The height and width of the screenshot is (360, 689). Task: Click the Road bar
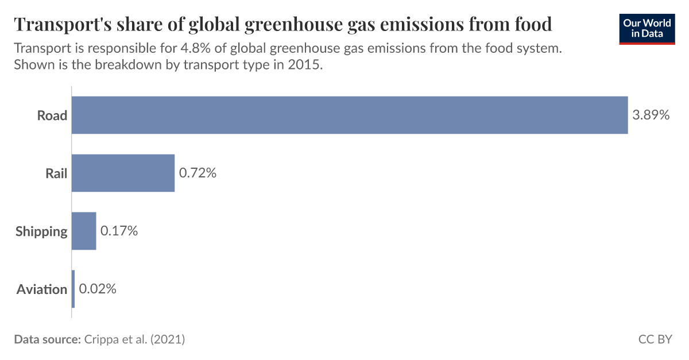(x=349, y=115)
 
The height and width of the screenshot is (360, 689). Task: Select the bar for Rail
(x=123, y=173)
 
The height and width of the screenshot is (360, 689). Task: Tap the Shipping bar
(x=84, y=231)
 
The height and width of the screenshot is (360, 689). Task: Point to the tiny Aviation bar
(x=73, y=289)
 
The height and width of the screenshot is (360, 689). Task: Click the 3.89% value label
(x=651, y=115)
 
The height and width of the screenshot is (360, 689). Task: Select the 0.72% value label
(x=198, y=173)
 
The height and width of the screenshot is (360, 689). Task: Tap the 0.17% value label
(x=119, y=231)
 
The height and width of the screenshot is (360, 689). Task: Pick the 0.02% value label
(x=98, y=289)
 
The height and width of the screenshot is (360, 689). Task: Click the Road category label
(x=52, y=115)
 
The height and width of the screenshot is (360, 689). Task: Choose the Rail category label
(x=56, y=173)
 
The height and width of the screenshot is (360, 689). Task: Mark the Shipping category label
(x=41, y=231)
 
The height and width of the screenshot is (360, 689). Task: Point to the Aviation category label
(x=42, y=289)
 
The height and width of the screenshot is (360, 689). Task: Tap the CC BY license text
(x=655, y=339)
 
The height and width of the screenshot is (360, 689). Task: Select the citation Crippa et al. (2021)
(x=134, y=339)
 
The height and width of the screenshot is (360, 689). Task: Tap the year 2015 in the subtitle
(x=308, y=65)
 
